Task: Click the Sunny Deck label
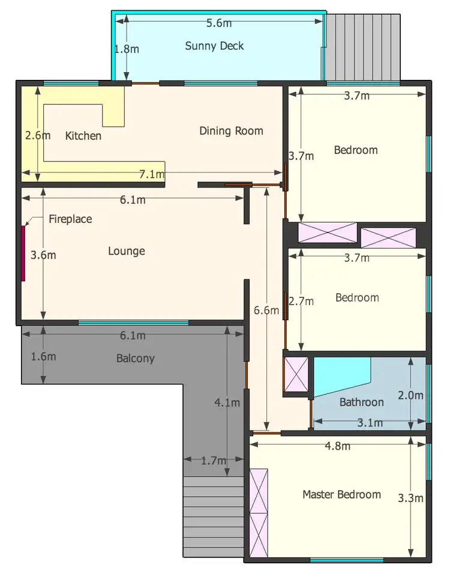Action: click(x=214, y=46)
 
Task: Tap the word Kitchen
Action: click(x=83, y=136)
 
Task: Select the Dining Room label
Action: click(x=231, y=130)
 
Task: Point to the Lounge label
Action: click(x=127, y=250)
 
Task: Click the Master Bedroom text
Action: click(x=341, y=494)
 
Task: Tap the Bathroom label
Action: click(x=361, y=402)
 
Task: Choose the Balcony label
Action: click(x=135, y=359)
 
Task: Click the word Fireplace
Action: click(x=70, y=219)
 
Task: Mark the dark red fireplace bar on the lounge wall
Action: click(x=23, y=253)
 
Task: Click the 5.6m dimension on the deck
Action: click(x=219, y=23)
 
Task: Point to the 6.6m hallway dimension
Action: click(x=266, y=311)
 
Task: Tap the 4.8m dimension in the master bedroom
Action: click(x=338, y=446)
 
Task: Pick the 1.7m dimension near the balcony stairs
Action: click(x=214, y=461)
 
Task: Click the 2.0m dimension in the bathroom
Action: click(x=411, y=395)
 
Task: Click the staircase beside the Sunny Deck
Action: click(x=362, y=46)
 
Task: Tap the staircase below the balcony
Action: click(x=213, y=517)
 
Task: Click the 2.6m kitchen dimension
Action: click(x=38, y=136)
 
